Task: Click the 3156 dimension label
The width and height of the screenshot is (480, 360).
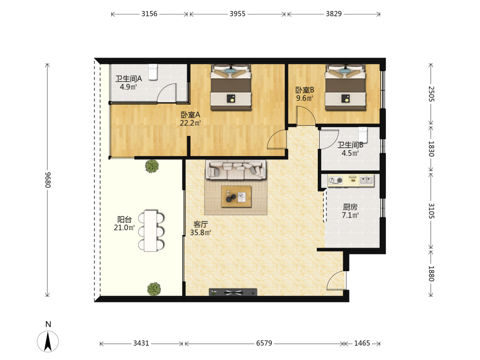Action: pos(149,14)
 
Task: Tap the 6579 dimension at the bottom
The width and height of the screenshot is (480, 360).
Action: pos(264,343)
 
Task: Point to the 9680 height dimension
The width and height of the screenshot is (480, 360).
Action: pos(48,180)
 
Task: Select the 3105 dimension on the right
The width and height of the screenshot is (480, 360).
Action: pos(431,211)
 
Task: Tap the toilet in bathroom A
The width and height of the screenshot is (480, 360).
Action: pos(153,72)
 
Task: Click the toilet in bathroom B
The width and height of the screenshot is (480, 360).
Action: pos(363,135)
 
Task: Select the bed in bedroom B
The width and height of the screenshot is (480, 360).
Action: pos(346,87)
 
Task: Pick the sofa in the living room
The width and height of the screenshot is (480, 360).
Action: pos(236,169)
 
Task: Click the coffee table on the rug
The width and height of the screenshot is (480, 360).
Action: pos(236,196)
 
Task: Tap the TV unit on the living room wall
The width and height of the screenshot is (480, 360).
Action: pos(233,292)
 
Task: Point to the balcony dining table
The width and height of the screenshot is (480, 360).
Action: pos(151,230)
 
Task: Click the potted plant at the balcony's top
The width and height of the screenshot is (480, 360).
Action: pos(152,166)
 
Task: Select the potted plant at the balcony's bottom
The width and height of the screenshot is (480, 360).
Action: pos(154,289)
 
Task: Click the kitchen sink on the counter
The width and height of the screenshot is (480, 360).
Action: pos(366,180)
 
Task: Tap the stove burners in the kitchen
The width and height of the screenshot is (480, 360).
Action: pos(336,180)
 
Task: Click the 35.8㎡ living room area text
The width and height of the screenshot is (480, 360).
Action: pos(201,233)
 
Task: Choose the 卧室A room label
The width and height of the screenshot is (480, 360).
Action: pos(190,115)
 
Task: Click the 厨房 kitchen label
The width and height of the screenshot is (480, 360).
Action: pos(350,207)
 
